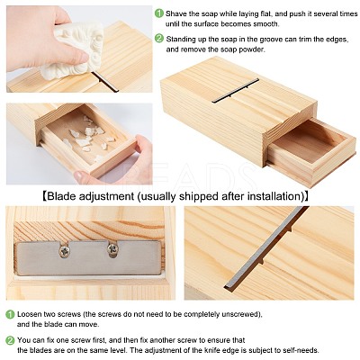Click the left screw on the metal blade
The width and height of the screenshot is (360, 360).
point(65,251)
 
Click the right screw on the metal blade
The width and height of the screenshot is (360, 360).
point(112,248)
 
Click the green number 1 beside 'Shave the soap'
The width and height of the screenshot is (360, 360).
point(159,13)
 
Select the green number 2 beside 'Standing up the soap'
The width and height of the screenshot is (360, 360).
point(159,39)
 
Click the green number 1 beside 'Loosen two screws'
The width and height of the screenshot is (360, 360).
point(10,314)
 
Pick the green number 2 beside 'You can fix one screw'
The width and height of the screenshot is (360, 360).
point(10,340)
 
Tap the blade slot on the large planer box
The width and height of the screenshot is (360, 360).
point(236,91)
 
